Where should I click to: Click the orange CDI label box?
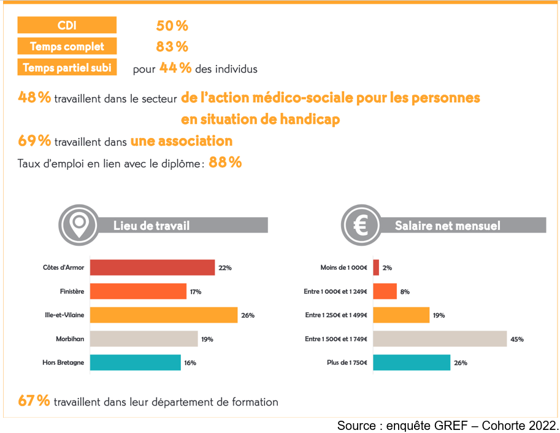point(67,25)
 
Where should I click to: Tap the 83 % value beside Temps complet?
point(172,47)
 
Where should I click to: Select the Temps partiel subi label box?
point(67,67)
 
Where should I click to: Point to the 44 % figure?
point(175,68)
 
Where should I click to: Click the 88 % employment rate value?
point(225,163)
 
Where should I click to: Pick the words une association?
point(182,141)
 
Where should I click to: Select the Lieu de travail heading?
point(152,226)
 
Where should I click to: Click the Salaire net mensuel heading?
point(447,226)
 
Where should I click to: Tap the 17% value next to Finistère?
point(196,291)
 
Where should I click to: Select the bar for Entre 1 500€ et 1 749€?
point(440,339)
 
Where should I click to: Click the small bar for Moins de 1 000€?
point(376,267)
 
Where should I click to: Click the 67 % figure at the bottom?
point(34,402)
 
